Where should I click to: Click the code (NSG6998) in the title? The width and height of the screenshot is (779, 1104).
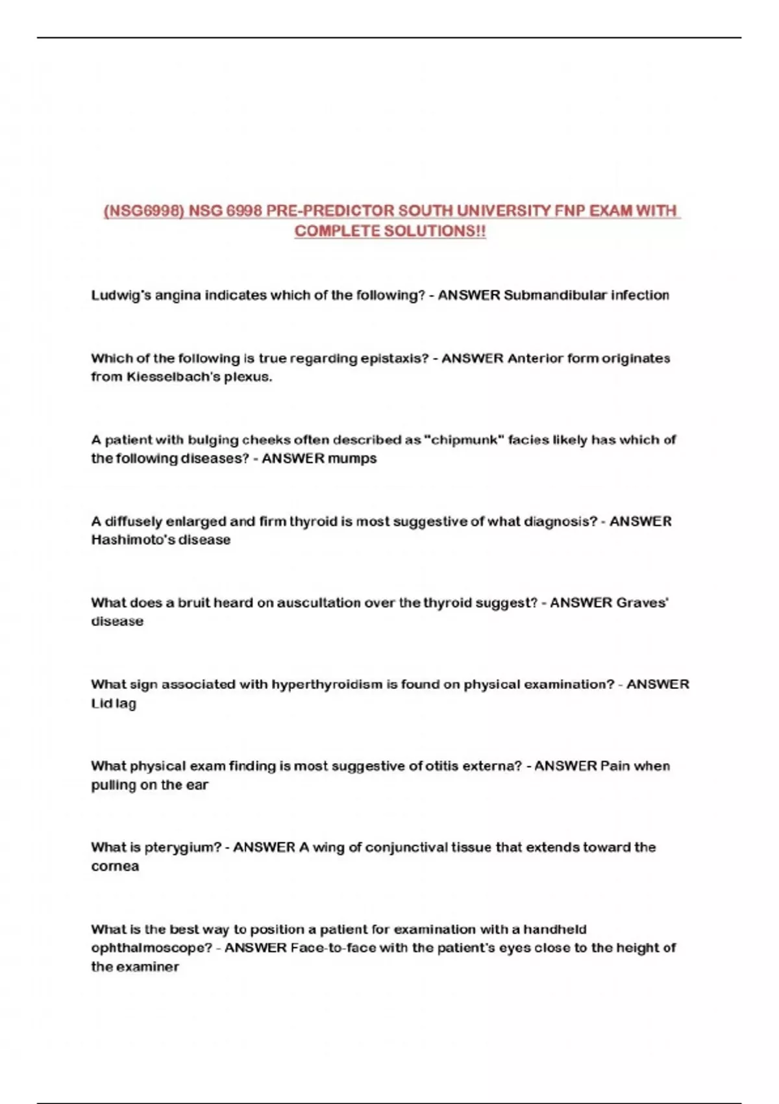(143, 211)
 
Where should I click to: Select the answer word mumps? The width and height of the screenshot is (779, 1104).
(352, 459)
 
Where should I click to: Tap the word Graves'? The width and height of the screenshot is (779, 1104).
(643, 603)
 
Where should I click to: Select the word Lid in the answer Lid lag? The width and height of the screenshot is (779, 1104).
(101, 703)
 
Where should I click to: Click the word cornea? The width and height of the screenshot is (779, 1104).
(115, 867)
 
